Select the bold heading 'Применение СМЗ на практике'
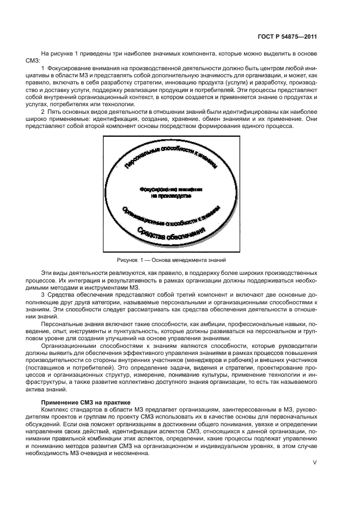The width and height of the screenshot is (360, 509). click(x=76, y=401)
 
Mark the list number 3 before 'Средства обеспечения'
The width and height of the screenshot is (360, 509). click(x=42, y=295)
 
